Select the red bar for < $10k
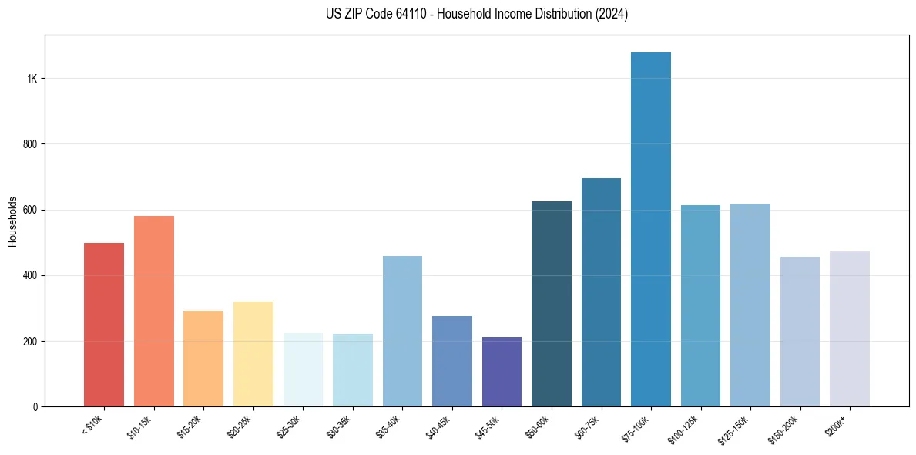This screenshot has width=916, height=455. pyautogui.click(x=104, y=325)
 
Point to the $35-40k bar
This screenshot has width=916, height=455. pyautogui.click(x=402, y=332)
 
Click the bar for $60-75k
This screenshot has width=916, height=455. pyautogui.click(x=601, y=292)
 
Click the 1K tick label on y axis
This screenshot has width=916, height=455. pyautogui.click(x=32, y=79)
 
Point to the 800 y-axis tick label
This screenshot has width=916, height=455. pyautogui.click(x=31, y=144)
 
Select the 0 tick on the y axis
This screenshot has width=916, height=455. pyautogui.click(x=35, y=406)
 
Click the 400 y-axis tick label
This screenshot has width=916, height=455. pyautogui.click(x=31, y=275)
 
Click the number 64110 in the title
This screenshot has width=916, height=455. pyautogui.click(x=389, y=14)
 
